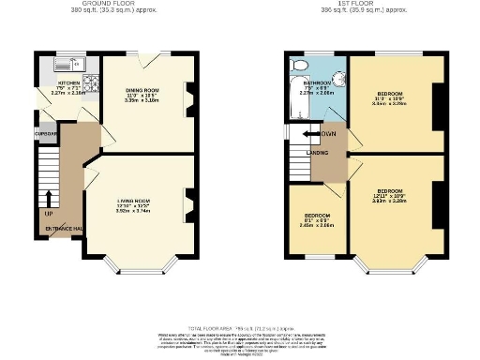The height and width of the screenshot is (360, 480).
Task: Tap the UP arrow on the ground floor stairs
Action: (48, 200)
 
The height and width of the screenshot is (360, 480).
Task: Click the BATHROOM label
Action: (303, 83)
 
